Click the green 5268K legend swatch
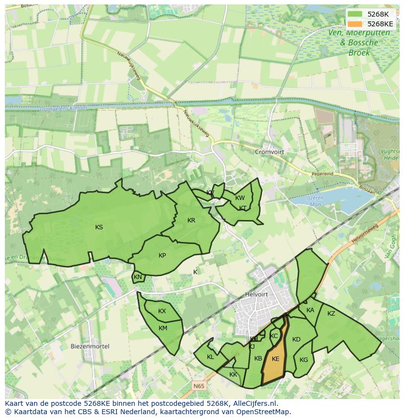(x=355, y=14)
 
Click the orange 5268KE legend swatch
(x=355, y=24)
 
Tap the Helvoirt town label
(x=257, y=295)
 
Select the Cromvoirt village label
(x=269, y=152)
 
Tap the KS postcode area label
(x=99, y=227)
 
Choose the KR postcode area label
(x=191, y=220)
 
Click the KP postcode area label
(x=162, y=256)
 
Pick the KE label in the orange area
(x=275, y=359)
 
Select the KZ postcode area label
(x=331, y=314)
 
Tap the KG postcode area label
(x=304, y=360)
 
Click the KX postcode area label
(x=162, y=311)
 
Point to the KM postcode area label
(x=163, y=328)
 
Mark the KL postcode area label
(x=210, y=357)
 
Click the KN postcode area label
(x=138, y=277)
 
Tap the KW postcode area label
(x=240, y=198)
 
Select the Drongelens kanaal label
(x=63, y=108)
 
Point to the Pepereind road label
(x=323, y=174)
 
